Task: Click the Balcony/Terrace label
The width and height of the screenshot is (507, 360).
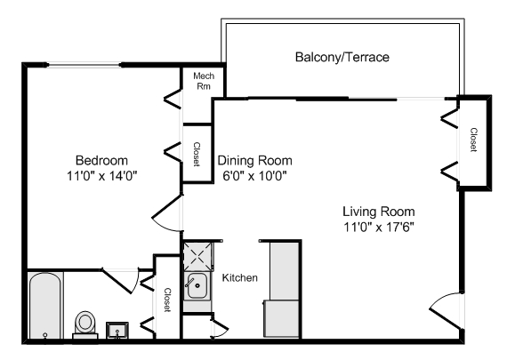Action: pyautogui.click(x=342, y=58)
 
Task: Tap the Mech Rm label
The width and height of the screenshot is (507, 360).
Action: pyautogui.click(x=202, y=82)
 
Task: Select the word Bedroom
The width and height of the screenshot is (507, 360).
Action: pyautogui.click(x=101, y=160)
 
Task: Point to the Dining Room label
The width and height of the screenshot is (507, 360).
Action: pyautogui.click(x=255, y=161)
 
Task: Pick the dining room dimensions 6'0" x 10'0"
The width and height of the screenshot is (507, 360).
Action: pyautogui.click(x=255, y=176)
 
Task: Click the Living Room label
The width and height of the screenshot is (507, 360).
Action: pyautogui.click(x=378, y=212)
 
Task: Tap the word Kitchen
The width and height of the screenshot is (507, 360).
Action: pyautogui.click(x=239, y=278)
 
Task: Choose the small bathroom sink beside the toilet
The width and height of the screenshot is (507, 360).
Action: pyautogui.click(x=117, y=331)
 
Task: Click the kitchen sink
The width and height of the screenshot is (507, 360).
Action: pyautogui.click(x=196, y=286)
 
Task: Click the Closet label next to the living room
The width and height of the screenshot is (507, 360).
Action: pyautogui.click(x=473, y=139)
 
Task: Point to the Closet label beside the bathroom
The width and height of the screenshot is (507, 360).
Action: pyautogui.click(x=166, y=300)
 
